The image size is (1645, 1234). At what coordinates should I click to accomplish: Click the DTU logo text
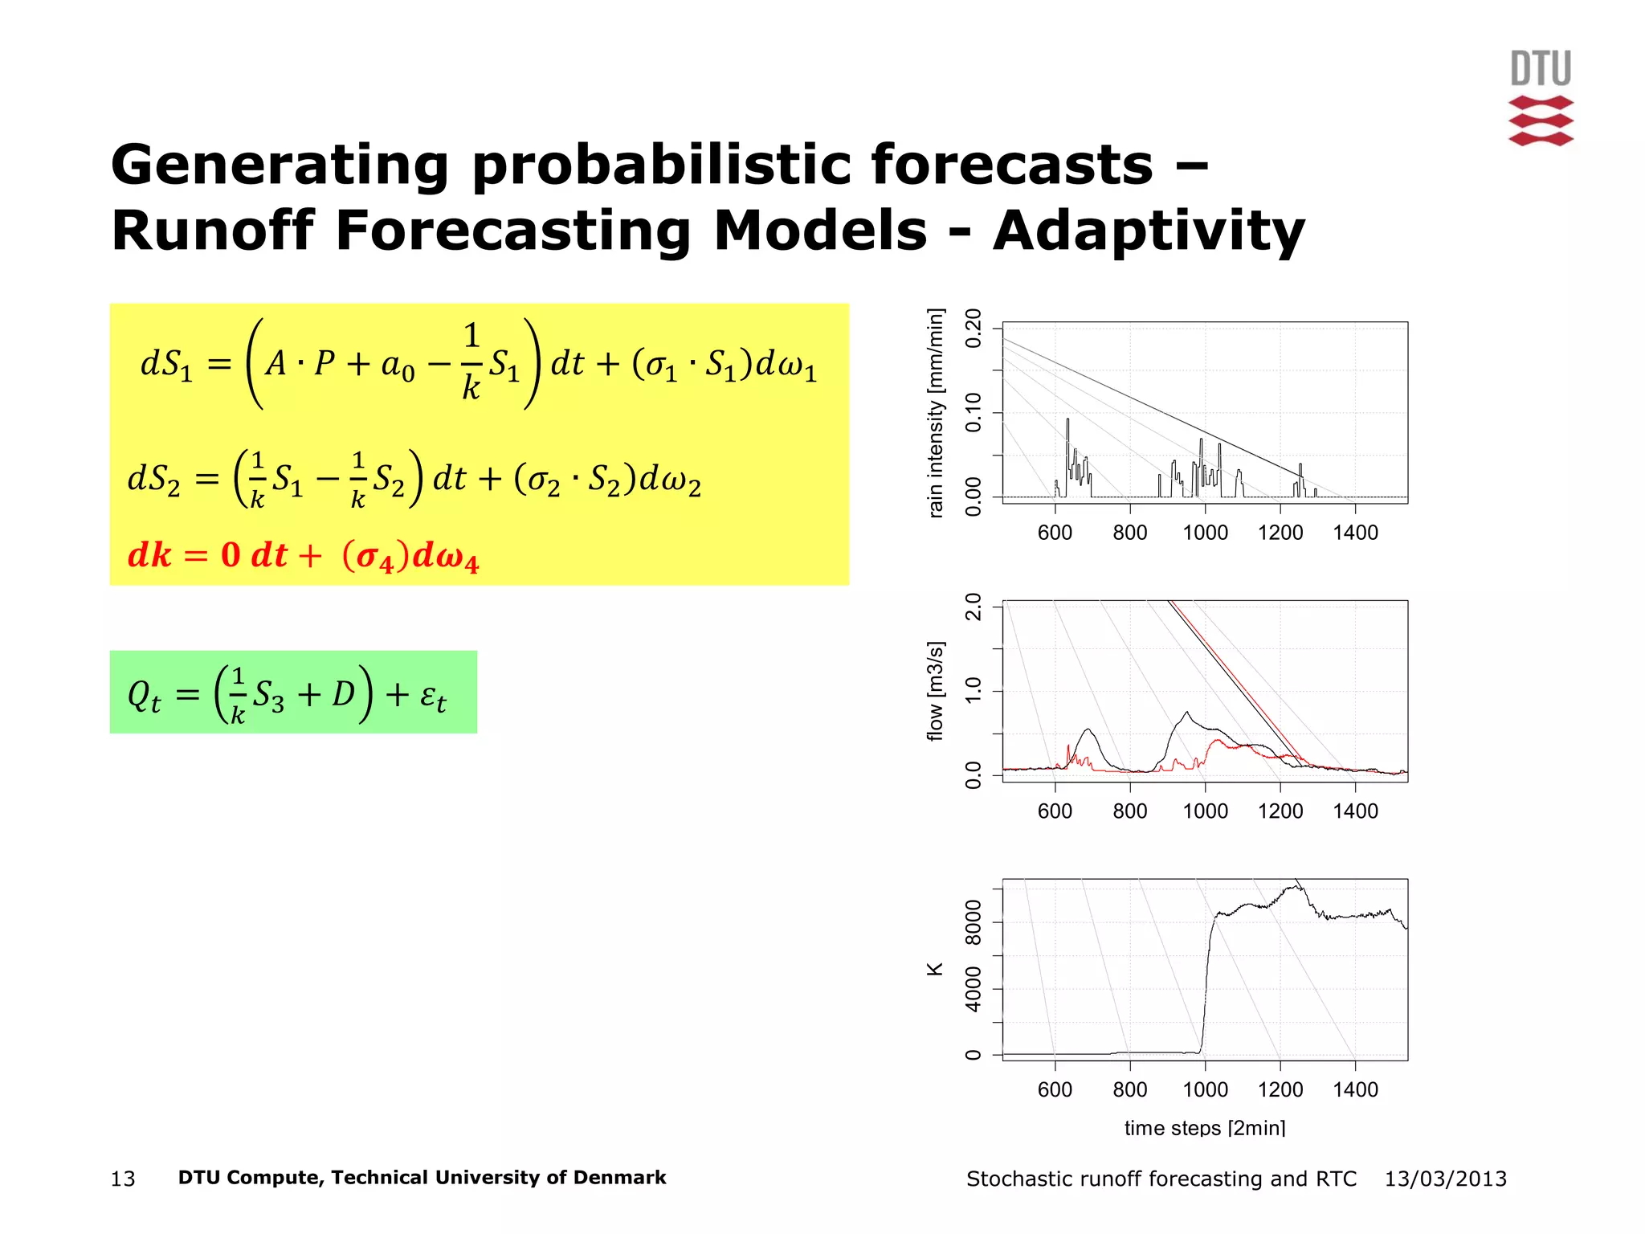point(1540,68)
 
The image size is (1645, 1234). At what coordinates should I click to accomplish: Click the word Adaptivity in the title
point(1149,231)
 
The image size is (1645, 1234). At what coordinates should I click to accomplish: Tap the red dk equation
point(303,555)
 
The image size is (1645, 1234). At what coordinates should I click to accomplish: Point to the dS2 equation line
point(414,480)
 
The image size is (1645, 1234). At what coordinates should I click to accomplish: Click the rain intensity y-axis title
point(936,413)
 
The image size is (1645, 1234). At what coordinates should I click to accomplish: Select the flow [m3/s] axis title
point(936,691)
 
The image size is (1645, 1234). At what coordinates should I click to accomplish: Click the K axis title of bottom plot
point(935,970)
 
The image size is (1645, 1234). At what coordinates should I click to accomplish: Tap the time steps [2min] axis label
point(1204,1128)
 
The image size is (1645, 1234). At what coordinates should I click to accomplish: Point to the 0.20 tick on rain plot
point(974,328)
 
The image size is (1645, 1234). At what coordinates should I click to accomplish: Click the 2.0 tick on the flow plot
point(974,607)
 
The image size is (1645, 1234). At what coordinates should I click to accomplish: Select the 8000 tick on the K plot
point(974,922)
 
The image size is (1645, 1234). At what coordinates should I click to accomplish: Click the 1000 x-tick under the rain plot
point(1204,533)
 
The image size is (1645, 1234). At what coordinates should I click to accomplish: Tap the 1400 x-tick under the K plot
point(1355,1090)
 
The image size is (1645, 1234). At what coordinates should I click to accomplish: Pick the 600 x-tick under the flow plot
point(1055,811)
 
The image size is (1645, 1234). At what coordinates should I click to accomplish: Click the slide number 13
point(123,1179)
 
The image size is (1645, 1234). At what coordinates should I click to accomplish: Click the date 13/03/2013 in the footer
point(1445,1179)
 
